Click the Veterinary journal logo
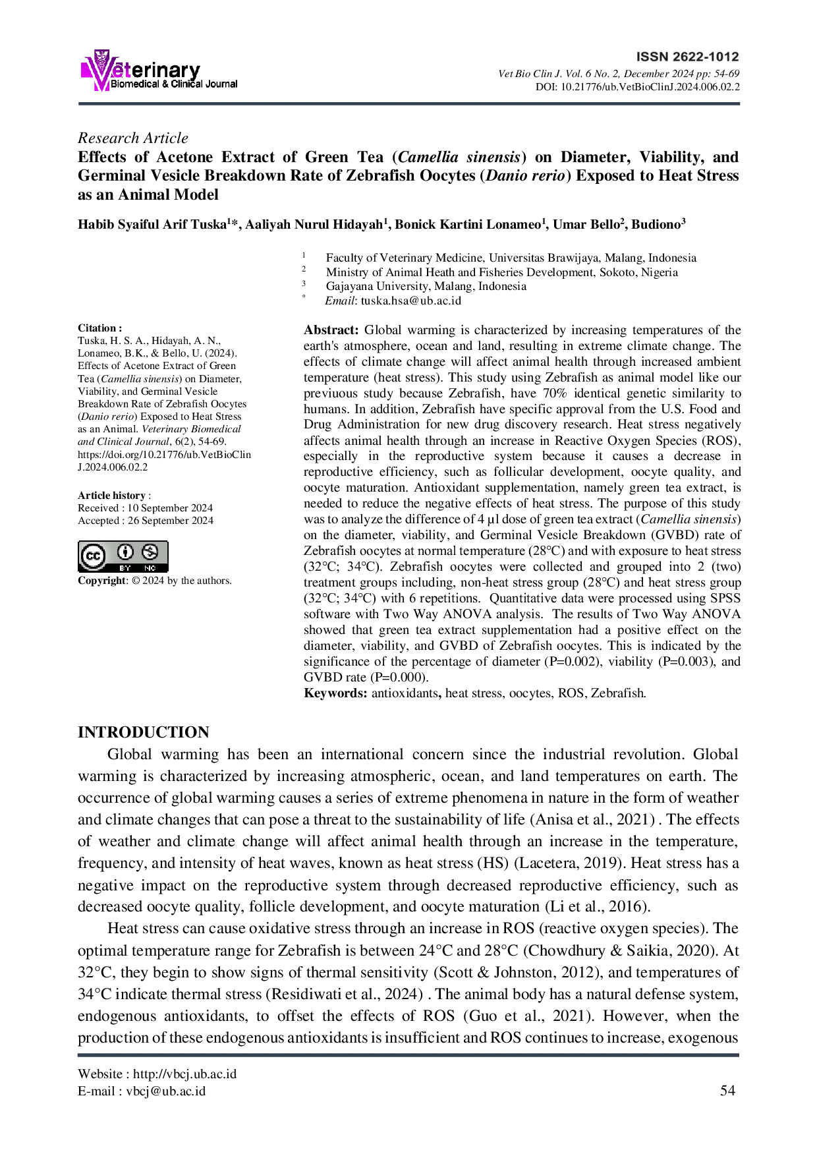point(158,70)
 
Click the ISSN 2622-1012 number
point(688,57)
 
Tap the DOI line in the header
point(637,87)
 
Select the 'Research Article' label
point(133,138)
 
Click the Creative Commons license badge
point(123,556)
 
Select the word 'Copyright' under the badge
point(101,581)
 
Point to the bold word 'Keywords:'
point(335,693)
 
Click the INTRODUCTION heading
point(144,732)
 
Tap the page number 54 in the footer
point(727,1091)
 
